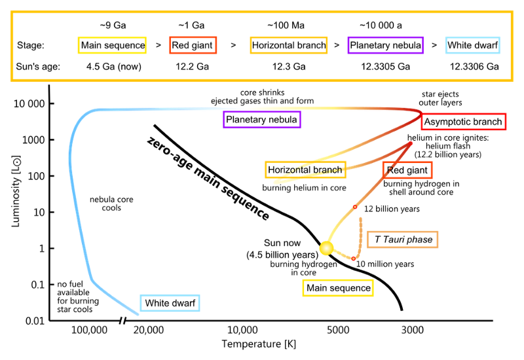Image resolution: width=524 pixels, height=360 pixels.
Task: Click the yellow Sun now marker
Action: click(x=326, y=248)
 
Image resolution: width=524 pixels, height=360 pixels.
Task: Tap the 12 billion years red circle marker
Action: click(x=355, y=207)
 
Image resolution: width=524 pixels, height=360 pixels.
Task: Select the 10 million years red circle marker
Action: click(x=354, y=259)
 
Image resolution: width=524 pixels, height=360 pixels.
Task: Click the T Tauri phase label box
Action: click(x=402, y=240)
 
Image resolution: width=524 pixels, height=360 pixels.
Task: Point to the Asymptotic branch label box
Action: click(x=463, y=122)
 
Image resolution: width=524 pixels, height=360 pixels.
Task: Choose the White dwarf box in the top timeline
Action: click(x=472, y=45)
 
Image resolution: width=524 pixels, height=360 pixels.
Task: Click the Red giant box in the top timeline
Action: click(x=193, y=45)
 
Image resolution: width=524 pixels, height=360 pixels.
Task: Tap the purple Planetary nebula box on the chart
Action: click(x=261, y=120)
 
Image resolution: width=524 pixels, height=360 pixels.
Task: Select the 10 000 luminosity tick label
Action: click(x=29, y=104)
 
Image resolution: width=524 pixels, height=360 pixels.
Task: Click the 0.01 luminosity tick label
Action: click(x=35, y=321)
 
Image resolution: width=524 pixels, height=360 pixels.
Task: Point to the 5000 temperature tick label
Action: click(x=338, y=331)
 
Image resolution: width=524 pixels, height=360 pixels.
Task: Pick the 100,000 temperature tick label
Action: click(x=89, y=331)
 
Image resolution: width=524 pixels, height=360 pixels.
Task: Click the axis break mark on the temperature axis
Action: click(x=122, y=321)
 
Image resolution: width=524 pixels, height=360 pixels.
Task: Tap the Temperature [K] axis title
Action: click(x=259, y=344)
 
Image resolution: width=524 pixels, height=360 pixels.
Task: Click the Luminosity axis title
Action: click(x=16, y=191)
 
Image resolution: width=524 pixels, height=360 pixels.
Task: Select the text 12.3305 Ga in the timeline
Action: click(x=385, y=67)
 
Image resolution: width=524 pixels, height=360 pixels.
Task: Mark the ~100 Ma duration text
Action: click(x=286, y=26)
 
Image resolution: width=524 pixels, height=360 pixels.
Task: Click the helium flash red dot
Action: click(x=411, y=143)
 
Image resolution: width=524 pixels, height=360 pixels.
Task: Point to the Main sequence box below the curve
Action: click(x=338, y=288)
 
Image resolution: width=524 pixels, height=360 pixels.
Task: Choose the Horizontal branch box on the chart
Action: click(x=305, y=170)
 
